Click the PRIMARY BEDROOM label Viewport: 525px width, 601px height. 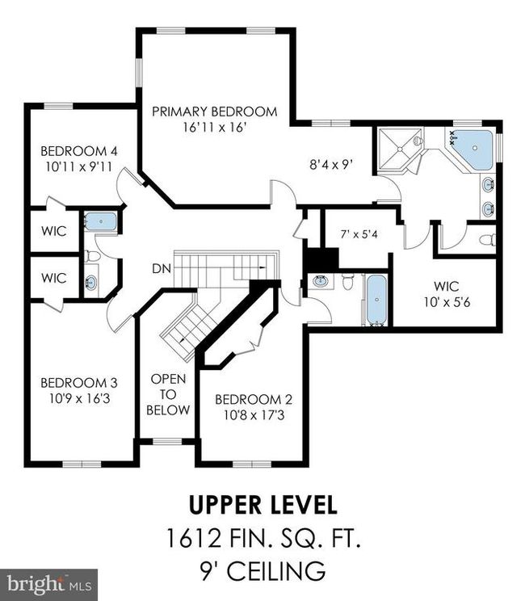pos(215,111)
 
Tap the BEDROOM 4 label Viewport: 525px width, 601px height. pos(79,151)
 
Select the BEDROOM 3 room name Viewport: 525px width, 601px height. pos(79,383)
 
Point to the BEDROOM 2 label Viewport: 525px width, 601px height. pos(254,399)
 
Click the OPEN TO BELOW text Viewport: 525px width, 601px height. pos(168,394)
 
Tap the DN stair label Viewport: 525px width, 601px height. pos(162,269)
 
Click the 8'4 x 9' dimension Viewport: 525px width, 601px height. pos(331,166)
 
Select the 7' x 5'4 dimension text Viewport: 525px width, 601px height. pos(359,234)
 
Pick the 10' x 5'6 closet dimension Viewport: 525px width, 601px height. pos(447,302)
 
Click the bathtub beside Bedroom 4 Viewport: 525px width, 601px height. pos(101,221)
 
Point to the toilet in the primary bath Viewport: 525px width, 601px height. pos(487,240)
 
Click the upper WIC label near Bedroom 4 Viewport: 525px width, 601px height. pos(53,231)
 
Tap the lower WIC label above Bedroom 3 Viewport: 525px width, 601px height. pos(53,278)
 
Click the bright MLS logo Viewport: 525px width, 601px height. pos(48,585)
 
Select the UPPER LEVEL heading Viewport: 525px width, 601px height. pos(263,505)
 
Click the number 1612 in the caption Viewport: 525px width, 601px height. pos(194,538)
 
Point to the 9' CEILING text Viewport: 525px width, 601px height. pos(262,571)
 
